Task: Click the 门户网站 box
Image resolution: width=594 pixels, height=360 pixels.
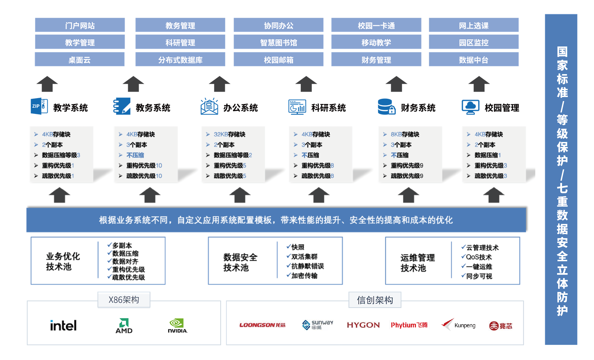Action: click(x=80, y=25)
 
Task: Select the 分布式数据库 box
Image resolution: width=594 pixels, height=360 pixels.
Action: click(x=180, y=59)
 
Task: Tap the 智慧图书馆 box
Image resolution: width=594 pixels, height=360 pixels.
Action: click(x=278, y=42)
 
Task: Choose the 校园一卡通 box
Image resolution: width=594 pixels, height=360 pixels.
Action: click(x=376, y=25)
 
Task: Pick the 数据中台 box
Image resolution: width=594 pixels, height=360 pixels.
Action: click(x=473, y=59)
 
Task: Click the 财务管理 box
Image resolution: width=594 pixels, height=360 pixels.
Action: click(x=376, y=59)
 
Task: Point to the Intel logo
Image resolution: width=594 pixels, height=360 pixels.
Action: click(x=63, y=326)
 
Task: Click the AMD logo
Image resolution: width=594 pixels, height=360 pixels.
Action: click(x=124, y=326)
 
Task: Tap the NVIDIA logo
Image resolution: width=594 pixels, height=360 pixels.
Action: click(x=177, y=326)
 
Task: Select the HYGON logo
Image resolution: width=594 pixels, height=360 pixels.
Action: click(x=363, y=325)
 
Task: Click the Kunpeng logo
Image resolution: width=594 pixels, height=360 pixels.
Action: click(x=458, y=325)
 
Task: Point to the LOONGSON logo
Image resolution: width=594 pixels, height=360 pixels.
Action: click(x=262, y=325)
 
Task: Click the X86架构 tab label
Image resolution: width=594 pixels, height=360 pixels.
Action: click(x=124, y=300)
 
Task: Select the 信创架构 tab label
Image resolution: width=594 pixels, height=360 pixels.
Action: click(x=375, y=300)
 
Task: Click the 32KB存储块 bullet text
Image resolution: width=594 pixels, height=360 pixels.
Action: click(x=229, y=134)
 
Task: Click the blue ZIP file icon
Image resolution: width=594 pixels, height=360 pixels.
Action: click(x=39, y=106)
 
